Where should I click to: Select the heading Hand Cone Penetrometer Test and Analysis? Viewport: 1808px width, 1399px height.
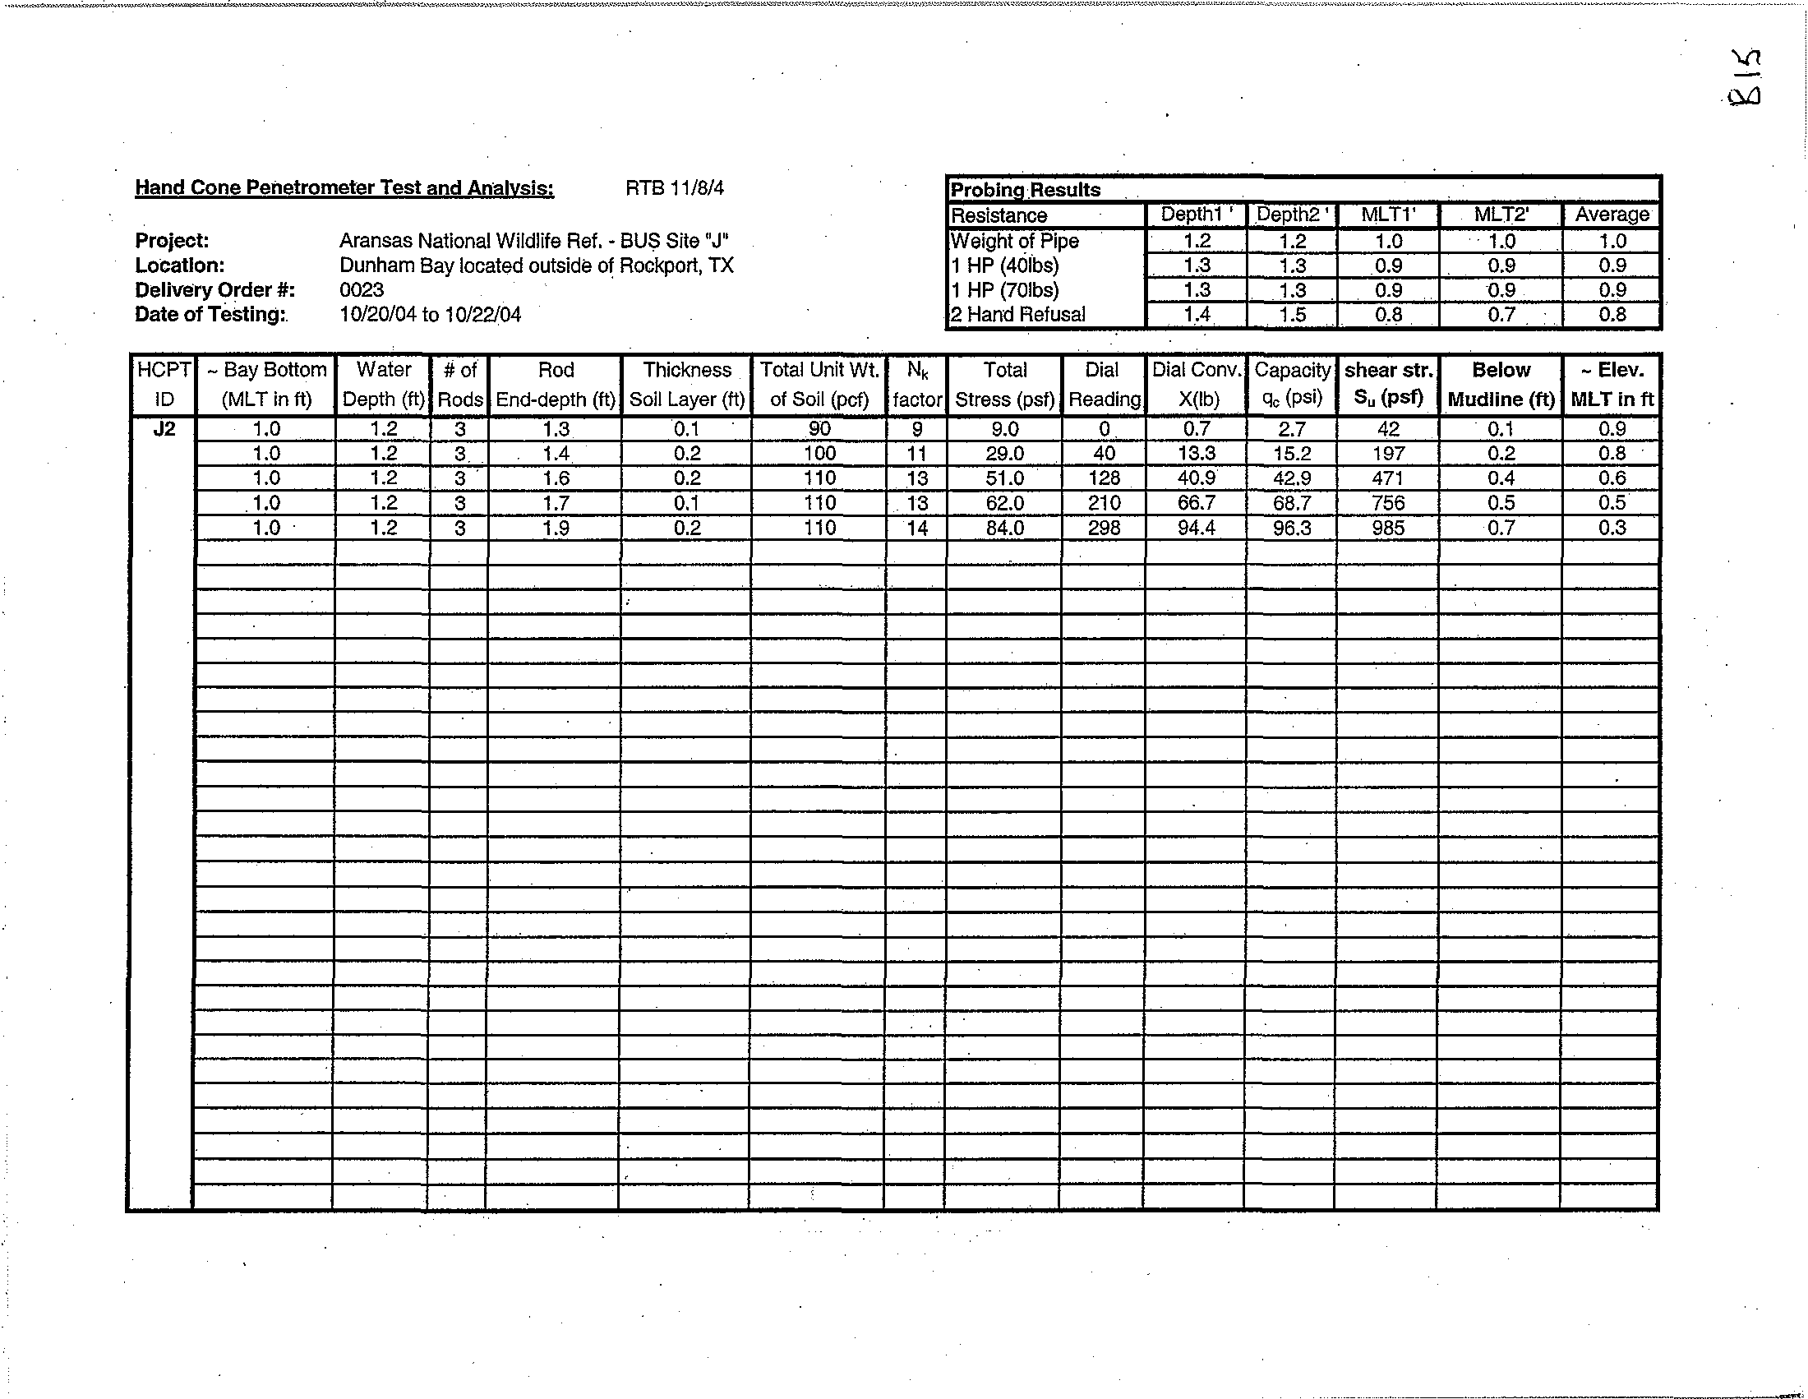tap(344, 188)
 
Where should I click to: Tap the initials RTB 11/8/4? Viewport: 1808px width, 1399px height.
tap(674, 188)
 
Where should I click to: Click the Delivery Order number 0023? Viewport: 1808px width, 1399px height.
tap(362, 289)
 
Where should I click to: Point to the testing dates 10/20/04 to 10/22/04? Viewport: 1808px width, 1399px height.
tap(430, 315)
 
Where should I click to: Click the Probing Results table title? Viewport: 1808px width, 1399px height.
tap(1025, 190)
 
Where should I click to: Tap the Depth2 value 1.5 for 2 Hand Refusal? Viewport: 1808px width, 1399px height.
tap(1291, 315)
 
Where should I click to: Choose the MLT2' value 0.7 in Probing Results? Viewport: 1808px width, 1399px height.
tap(1501, 315)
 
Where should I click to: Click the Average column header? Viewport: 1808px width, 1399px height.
tap(1612, 215)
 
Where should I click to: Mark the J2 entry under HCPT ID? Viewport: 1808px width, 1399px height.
tap(164, 429)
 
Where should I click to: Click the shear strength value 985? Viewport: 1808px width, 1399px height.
tap(1387, 529)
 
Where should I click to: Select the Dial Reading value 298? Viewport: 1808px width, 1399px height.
tap(1104, 529)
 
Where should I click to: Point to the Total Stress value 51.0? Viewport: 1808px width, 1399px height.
tap(1004, 478)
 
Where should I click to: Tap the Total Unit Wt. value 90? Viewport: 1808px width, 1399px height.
tap(819, 429)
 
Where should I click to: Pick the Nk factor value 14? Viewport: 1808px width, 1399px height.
tap(916, 529)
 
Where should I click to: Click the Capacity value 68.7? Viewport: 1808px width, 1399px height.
tap(1291, 503)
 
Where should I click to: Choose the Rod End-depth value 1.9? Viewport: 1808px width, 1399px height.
tap(555, 529)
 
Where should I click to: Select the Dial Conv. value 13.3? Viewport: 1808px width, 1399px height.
tap(1197, 454)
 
